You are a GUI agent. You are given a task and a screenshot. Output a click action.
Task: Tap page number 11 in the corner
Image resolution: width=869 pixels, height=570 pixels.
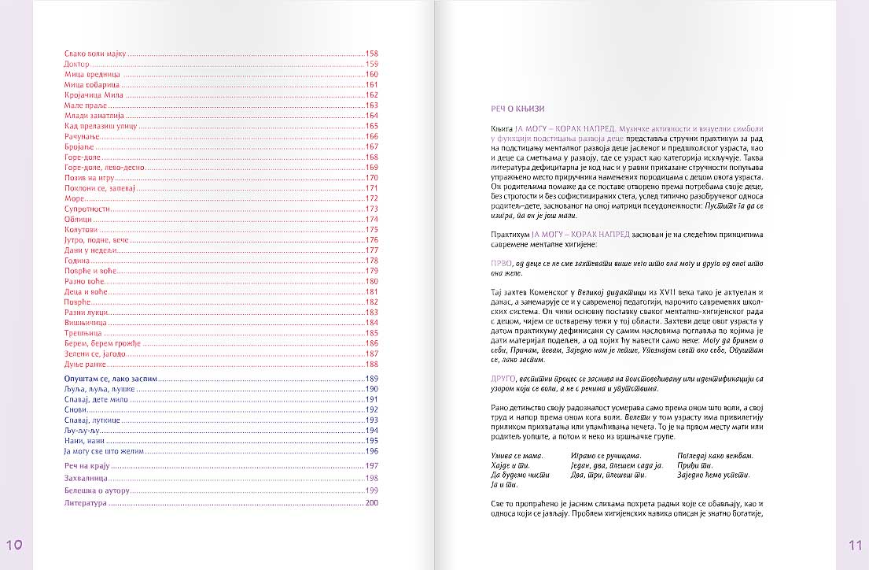pos(855,544)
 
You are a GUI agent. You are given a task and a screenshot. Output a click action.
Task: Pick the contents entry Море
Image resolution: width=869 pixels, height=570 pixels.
pos(74,198)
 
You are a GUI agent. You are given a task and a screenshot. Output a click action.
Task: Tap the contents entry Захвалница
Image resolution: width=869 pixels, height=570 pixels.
pos(85,478)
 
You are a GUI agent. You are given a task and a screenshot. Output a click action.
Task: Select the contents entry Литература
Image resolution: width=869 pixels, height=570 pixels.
pos(84,502)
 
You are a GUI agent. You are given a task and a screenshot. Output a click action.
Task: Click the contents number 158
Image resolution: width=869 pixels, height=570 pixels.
pos(373,54)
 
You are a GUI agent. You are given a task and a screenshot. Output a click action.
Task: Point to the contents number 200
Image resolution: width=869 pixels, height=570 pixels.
pos(373,502)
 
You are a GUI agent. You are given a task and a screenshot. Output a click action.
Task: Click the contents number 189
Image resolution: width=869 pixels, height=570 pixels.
pos(373,379)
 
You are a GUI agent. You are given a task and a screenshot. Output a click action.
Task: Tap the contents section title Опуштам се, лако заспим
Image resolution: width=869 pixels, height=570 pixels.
pos(111,379)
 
